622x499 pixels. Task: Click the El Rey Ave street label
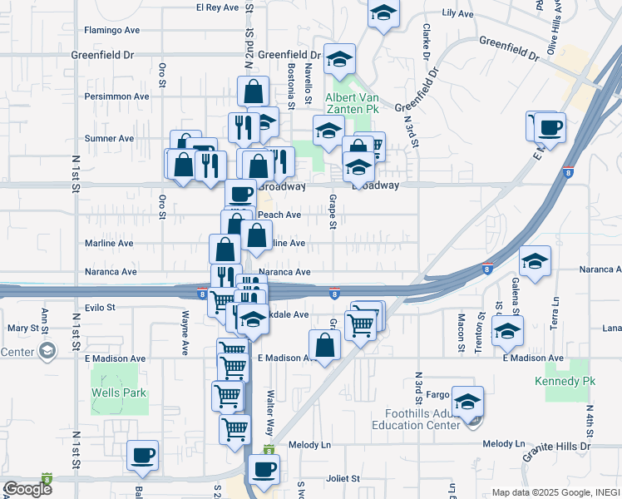click(x=217, y=7)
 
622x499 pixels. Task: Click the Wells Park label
click(x=119, y=393)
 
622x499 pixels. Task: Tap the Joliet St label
click(x=343, y=479)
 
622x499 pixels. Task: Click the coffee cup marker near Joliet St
click(x=264, y=468)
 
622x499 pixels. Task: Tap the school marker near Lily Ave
click(x=383, y=13)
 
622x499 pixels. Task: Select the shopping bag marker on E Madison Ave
click(x=324, y=344)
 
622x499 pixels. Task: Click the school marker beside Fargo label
click(x=468, y=403)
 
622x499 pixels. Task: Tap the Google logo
click(x=27, y=490)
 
